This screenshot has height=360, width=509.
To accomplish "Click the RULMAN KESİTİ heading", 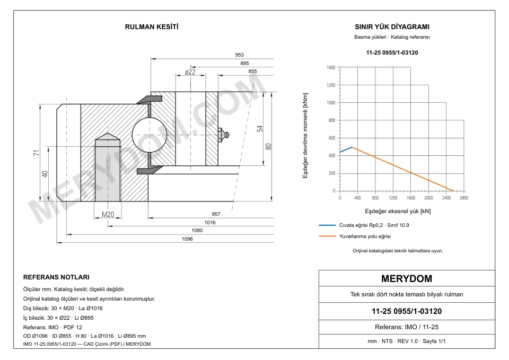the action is (x=152, y=27).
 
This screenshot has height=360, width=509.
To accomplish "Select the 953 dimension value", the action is (x=239, y=55).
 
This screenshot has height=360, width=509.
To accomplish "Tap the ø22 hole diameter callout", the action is (x=190, y=72).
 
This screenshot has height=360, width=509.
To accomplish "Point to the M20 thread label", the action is (x=108, y=214).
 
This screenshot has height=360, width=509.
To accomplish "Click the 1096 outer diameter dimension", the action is (x=187, y=239).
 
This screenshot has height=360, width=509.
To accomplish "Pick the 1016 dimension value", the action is (x=210, y=222).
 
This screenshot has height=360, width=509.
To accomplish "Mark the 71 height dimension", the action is (x=37, y=153).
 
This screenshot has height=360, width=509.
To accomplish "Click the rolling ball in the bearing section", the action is (x=150, y=134).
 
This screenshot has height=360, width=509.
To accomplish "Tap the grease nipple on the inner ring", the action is (x=224, y=134).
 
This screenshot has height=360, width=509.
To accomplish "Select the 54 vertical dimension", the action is (x=260, y=128).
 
